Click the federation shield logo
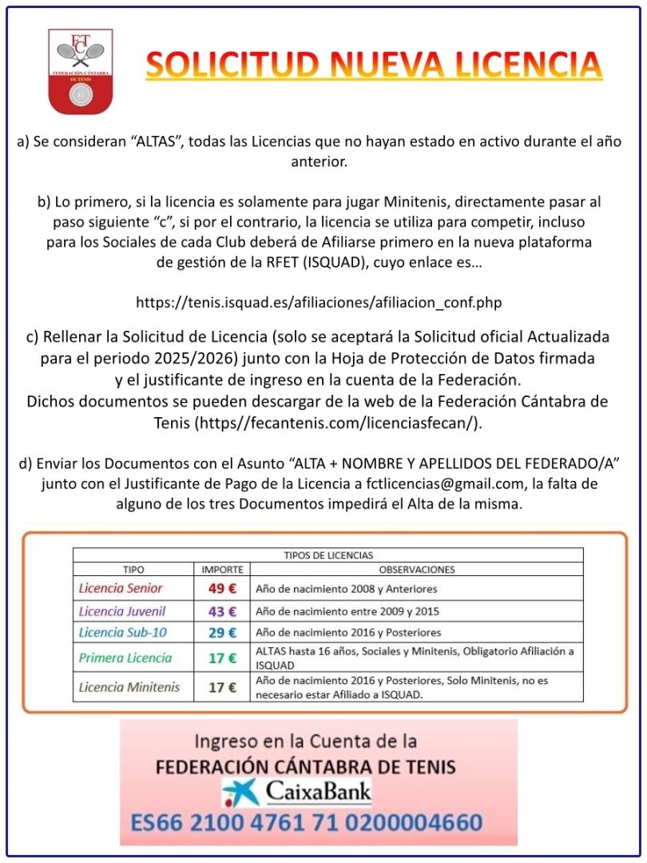click(80, 71)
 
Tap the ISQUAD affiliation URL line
click(323, 303)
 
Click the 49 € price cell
click(222, 589)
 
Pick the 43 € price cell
click(222, 611)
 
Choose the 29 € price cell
click(222, 633)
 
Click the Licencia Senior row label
click(121, 589)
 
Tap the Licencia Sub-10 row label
click(124, 633)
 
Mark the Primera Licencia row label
click(125, 658)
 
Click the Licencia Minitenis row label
click(129, 687)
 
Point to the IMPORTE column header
click(222, 570)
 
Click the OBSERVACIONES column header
click(416, 570)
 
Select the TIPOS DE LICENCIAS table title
click(328, 555)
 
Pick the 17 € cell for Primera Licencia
click(222, 658)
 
